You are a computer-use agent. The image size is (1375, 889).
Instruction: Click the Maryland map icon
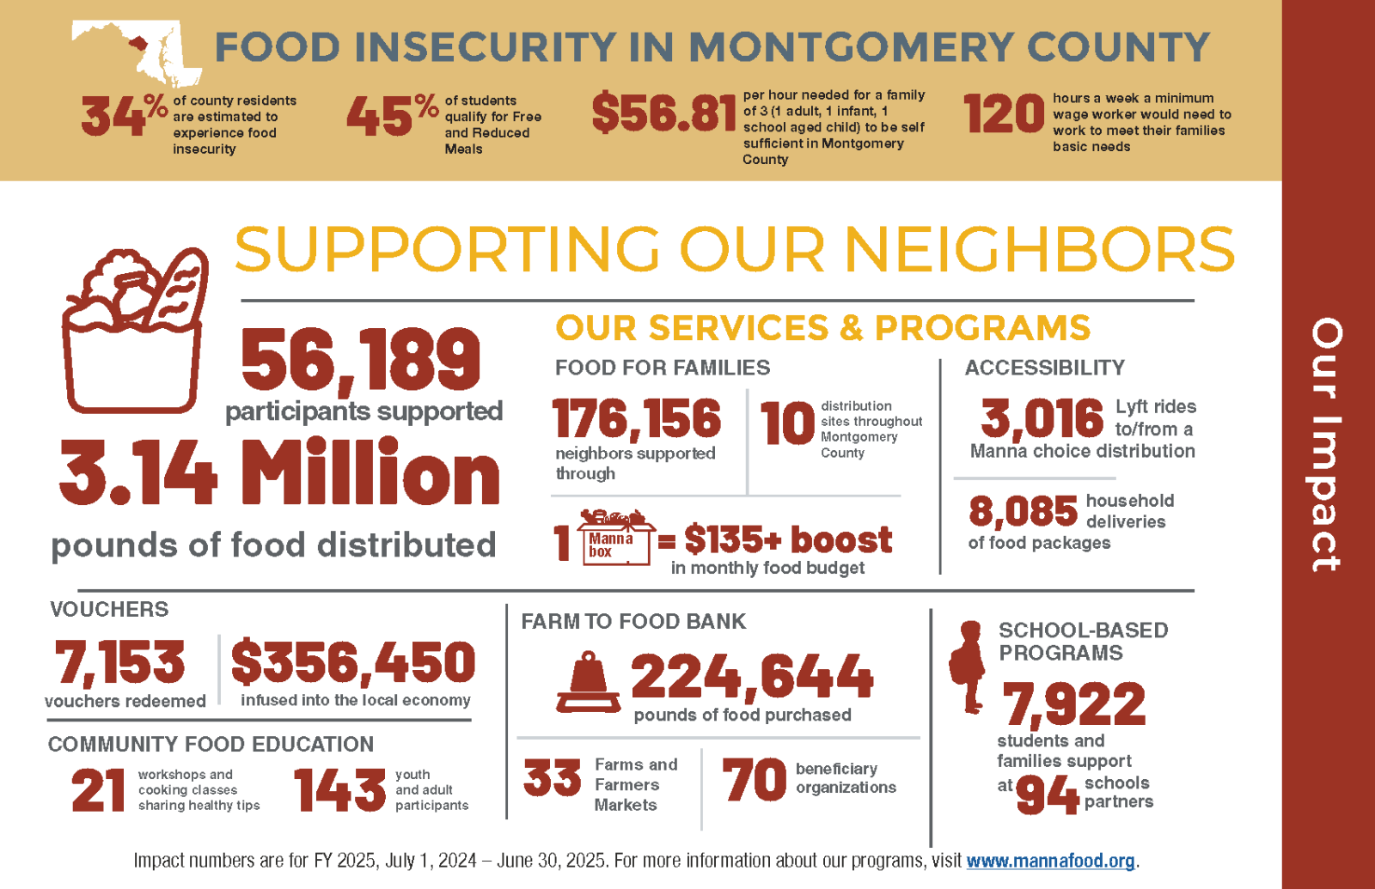click(x=137, y=52)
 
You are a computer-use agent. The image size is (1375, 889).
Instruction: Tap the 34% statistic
click(x=123, y=116)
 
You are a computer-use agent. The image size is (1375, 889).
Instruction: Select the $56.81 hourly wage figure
click(x=663, y=114)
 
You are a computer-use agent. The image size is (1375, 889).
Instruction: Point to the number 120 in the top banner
click(x=1003, y=114)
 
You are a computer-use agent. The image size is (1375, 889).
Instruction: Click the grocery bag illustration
click(x=134, y=331)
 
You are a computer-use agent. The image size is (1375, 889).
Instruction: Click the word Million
click(x=370, y=473)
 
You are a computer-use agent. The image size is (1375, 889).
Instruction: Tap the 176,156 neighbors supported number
click(x=637, y=419)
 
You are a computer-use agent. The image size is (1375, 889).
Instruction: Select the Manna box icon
click(x=614, y=539)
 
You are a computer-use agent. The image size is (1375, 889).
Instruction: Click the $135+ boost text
click(x=787, y=540)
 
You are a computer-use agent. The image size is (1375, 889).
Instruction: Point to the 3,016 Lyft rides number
click(x=1042, y=419)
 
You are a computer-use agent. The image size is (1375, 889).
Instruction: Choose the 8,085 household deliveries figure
click(x=1023, y=512)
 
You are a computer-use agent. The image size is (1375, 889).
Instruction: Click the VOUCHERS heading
click(x=109, y=610)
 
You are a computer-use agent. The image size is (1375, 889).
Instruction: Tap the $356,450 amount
click(x=353, y=662)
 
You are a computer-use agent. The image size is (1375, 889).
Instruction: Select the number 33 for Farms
click(x=553, y=778)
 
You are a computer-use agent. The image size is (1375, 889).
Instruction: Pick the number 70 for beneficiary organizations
click(x=754, y=779)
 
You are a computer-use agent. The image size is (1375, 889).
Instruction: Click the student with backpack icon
click(x=969, y=667)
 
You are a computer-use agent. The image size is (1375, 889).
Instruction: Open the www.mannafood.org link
click(x=1050, y=861)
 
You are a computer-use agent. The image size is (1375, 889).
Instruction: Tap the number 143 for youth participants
click(x=339, y=790)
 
